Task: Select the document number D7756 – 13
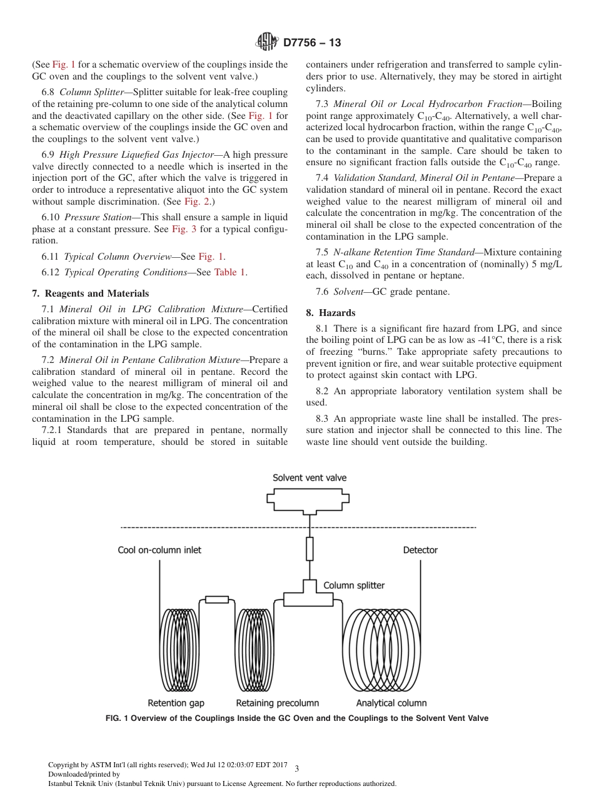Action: [x=312, y=43]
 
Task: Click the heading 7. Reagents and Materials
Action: [x=91, y=293]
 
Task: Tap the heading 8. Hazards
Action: [x=331, y=312]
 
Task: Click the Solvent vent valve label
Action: [x=310, y=477]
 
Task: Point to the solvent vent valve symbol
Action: [x=309, y=499]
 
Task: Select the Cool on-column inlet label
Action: [x=159, y=550]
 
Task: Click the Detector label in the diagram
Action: [x=420, y=550]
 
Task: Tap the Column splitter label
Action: [x=354, y=586]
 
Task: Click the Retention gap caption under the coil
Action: [x=176, y=703]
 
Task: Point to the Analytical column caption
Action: [x=391, y=703]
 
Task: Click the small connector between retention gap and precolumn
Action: [x=217, y=600]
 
